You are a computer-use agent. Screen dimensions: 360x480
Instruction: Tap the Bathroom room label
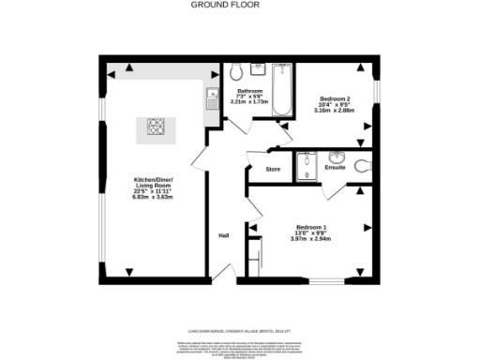tap(249, 91)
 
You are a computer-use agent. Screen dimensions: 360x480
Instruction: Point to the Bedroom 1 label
tap(311, 227)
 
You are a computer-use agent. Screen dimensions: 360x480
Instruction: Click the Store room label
tap(273, 169)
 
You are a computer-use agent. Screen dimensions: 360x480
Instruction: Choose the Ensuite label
tap(335, 168)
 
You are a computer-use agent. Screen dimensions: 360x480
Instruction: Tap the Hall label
tap(224, 235)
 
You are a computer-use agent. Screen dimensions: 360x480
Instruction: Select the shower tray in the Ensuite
tap(307, 167)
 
